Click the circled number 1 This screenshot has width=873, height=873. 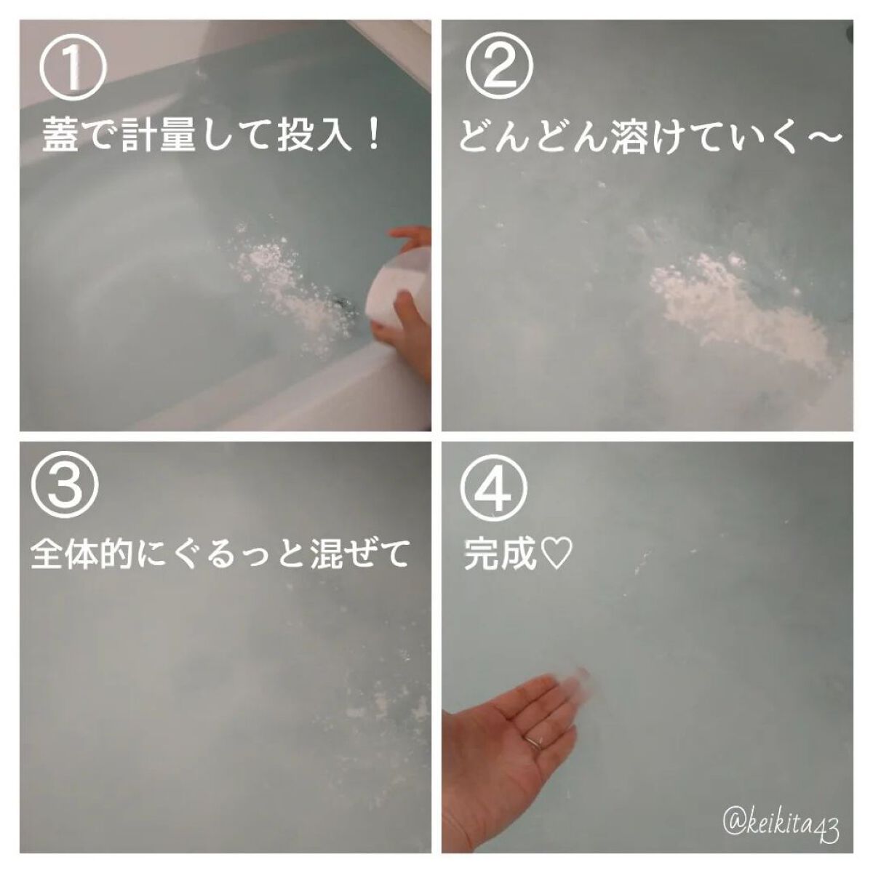[73, 66]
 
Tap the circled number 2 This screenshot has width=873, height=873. [500, 66]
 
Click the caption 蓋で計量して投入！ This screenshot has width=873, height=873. [212, 136]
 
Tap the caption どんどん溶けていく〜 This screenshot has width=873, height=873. [650, 136]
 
